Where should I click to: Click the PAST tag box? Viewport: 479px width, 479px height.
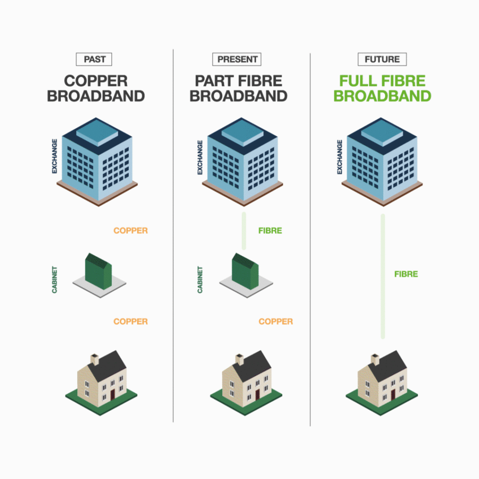pos(94,59)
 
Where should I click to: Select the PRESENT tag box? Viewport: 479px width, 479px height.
pos(237,59)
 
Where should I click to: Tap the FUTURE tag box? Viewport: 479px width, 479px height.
pos(382,59)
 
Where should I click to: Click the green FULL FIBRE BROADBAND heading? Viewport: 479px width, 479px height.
pos(382,88)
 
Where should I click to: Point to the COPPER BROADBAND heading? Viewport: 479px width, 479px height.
pos(96,88)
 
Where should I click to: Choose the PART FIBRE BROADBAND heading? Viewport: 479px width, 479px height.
pos(238,88)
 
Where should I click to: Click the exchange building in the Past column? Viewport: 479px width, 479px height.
pos(97,159)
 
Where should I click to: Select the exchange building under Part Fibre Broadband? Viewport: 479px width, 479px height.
pos(242,159)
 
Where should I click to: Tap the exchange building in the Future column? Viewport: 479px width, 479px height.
pos(382,159)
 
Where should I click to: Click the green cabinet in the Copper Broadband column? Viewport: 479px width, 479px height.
pos(98,272)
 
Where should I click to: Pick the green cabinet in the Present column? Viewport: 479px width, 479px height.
pos(245,272)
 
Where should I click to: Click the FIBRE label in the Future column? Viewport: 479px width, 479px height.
pos(406,274)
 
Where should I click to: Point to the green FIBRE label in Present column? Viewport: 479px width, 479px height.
pos(270,231)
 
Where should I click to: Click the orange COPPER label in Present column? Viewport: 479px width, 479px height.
pos(276,321)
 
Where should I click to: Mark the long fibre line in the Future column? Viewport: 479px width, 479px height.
pos(383,276)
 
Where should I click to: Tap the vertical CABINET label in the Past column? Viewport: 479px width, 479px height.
pos(55,280)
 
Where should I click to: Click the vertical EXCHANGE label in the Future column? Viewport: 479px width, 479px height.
pos(340,157)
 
